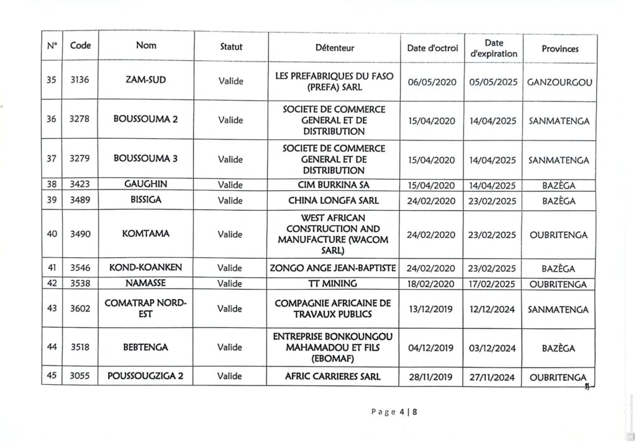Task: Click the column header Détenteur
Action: [x=334, y=47]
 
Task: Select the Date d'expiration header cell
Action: [x=494, y=48]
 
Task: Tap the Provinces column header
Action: [x=560, y=48]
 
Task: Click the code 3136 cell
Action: [x=80, y=81]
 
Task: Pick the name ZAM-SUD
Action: [x=146, y=81]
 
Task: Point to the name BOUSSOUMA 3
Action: [x=146, y=159]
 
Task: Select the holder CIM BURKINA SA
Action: [x=334, y=184]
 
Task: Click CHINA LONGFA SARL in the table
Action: [x=334, y=200]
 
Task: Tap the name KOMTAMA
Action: [x=146, y=234]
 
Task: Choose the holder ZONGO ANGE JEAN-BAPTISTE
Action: [x=334, y=269]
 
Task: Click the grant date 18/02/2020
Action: [x=431, y=284]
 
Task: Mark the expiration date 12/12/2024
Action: [x=493, y=309]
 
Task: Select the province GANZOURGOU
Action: [x=560, y=81]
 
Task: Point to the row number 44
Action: [x=52, y=347]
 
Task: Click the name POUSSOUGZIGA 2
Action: [x=146, y=376]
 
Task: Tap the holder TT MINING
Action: [x=334, y=284]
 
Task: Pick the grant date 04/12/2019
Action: [x=431, y=348]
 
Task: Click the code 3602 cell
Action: [x=80, y=308]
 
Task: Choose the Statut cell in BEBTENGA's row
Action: [x=230, y=348]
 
